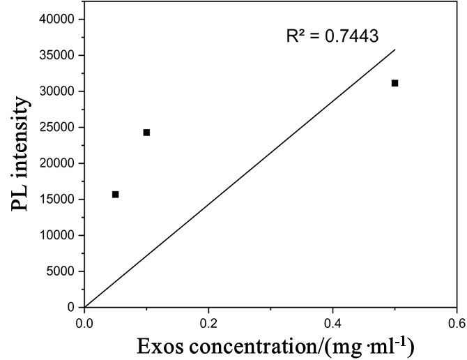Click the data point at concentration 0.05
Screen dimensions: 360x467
pyautogui.click(x=115, y=195)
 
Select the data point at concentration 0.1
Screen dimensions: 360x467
pyautogui.click(x=146, y=133)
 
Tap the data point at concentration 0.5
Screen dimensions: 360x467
pyautogui.click(x=395, y=83)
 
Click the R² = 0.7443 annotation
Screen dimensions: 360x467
pyautogui.click(x=332, y=36)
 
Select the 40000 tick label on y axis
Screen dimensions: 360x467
pyautogui.click(x=56, y=20)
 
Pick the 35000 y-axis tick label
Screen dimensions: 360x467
pyautogui.click(x=56, y=56)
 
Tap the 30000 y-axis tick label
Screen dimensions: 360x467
pyautogui.click(x=56, y=91)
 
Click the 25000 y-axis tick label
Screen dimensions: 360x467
pyautogui.click(x=56, y=128)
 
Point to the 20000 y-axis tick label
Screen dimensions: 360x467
pyautogui.click(x=56, y=163)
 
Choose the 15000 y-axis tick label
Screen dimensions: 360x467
pyautogui.click(x=56, y=200)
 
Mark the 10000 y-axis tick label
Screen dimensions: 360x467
pyautogui.click(x=56, y=235)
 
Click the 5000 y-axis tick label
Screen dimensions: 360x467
pyautogui.click(x=59, y=271)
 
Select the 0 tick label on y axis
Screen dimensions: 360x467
pyautogui.click(x=70, y=307)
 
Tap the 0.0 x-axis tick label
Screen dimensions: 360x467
pyautogui.click(x=84, y=323)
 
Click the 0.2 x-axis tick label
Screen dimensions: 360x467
pyautogui.click(x=208, y=323)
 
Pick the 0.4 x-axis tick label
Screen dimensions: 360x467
pyautogui.click(x=332, y=323)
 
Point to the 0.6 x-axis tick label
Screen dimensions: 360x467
pyautogui.click(x=457, y=323)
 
